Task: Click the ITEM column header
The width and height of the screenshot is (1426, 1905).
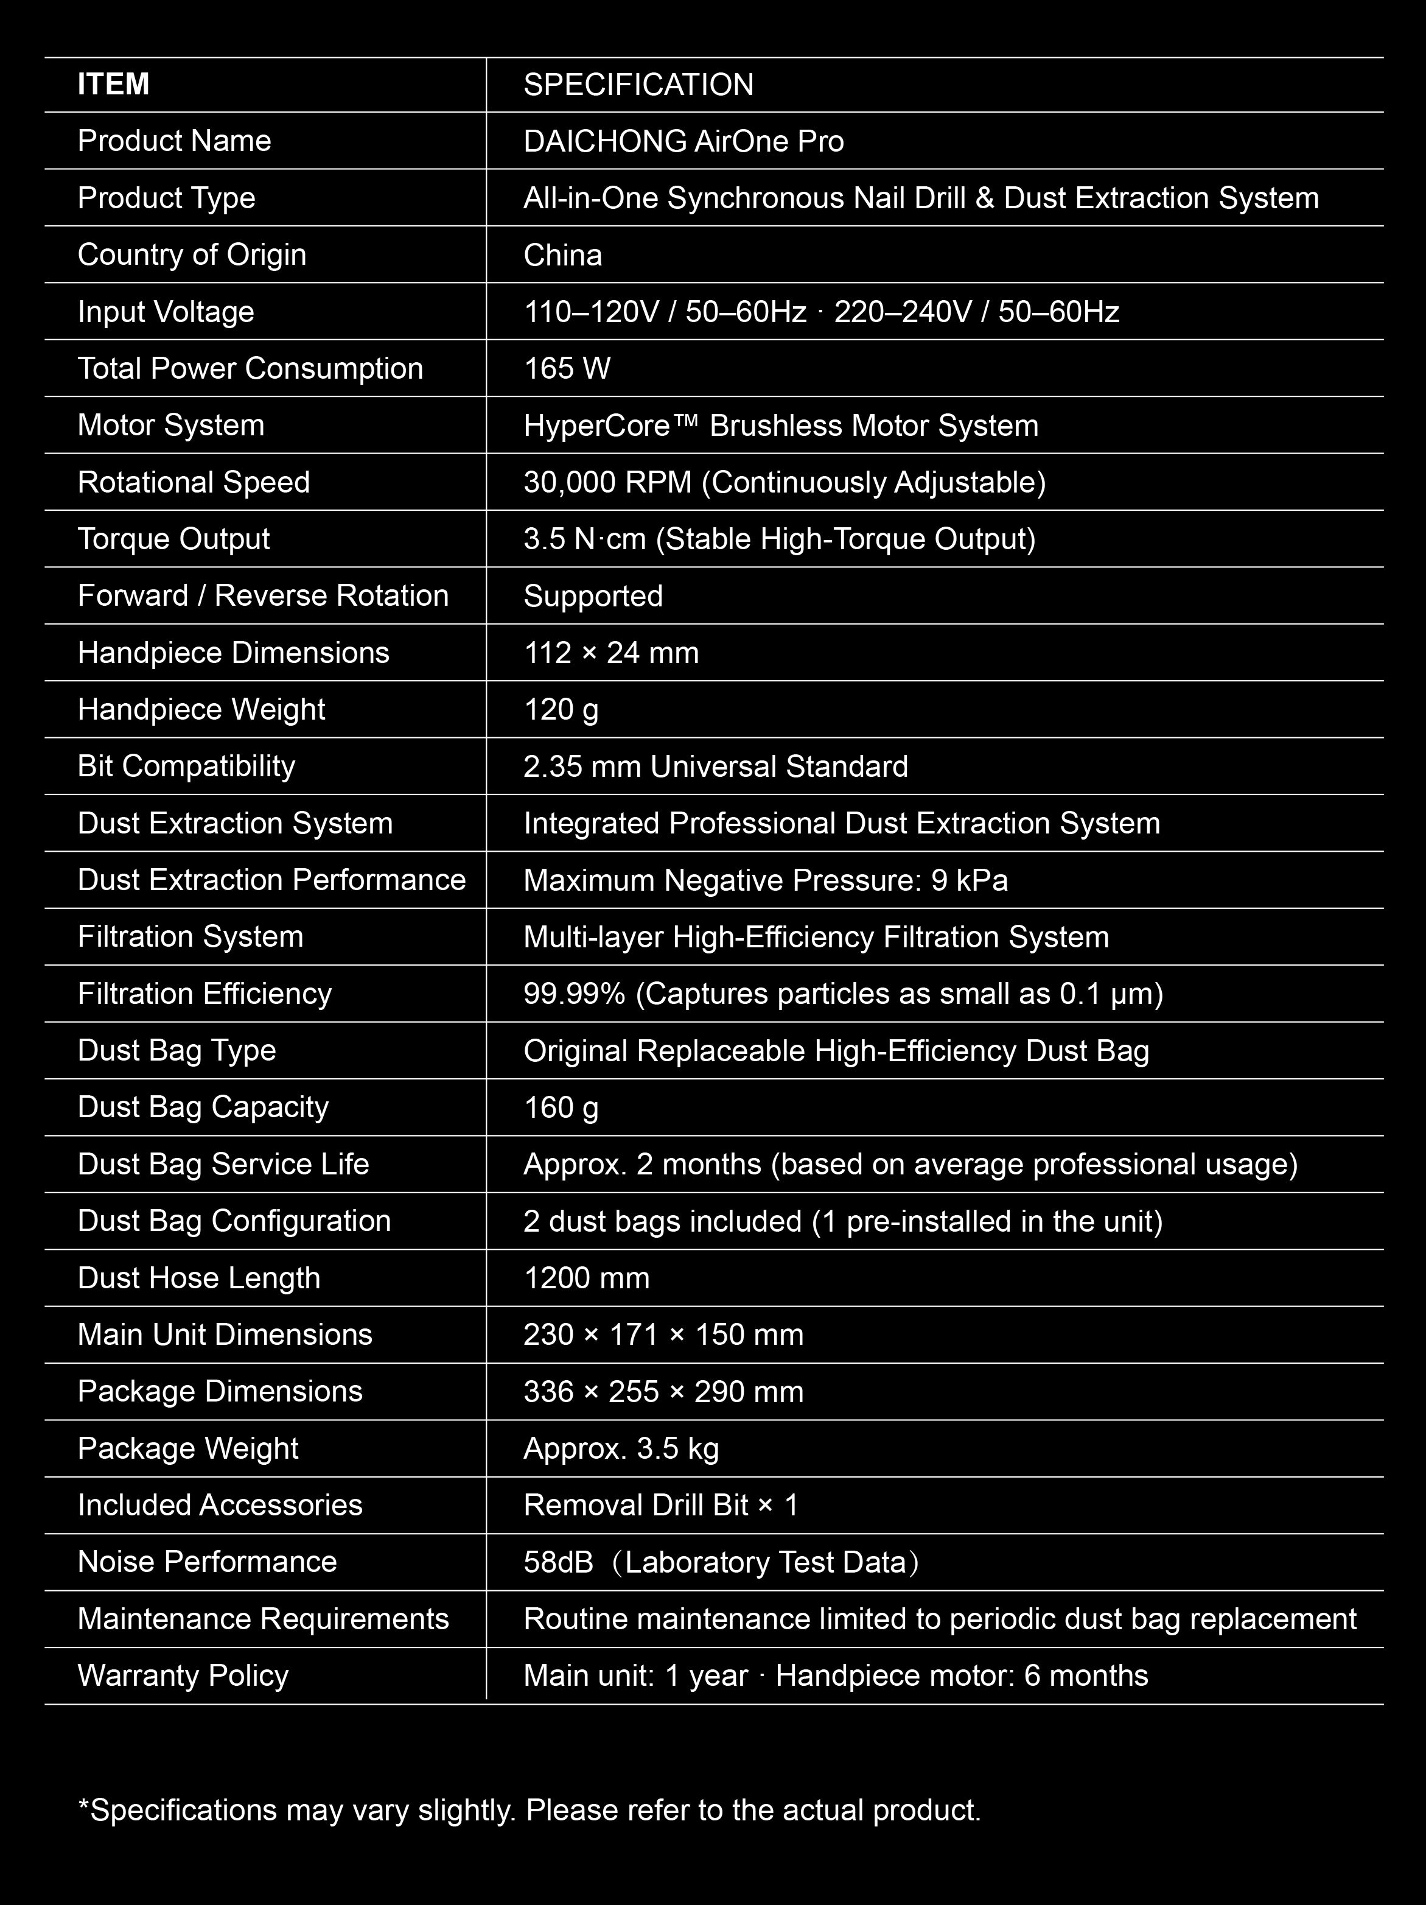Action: [114, 85]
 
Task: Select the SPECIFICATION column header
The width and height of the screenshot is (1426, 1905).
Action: [638, 85]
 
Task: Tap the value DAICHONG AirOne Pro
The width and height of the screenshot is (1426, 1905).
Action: [683, 141]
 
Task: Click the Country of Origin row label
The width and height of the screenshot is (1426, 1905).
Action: [192, 255]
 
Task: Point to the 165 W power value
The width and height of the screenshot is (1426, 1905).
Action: [567, 368]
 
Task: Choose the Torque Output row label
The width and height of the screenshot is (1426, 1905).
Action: [174, 539]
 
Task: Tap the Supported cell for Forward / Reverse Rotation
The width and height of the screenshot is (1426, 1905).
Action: [593, 596]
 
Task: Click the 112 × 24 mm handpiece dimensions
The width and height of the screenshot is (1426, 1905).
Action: [612, 653]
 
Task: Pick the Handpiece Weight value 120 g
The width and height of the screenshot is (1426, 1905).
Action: [561, 710]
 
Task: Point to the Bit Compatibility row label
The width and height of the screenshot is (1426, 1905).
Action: [186, 767]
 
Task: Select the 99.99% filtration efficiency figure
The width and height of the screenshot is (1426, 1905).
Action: [575, 994]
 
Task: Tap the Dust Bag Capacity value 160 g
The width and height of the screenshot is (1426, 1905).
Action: [561, 1107]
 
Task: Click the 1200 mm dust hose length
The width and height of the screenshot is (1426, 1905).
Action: [587, 1278]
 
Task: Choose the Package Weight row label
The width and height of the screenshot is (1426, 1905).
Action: [187, 1448]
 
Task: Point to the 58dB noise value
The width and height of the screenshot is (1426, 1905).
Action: [558, 1562]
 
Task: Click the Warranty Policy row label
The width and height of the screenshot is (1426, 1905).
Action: [183, 1676]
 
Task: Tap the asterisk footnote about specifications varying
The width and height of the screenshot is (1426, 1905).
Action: [529, 1810]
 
